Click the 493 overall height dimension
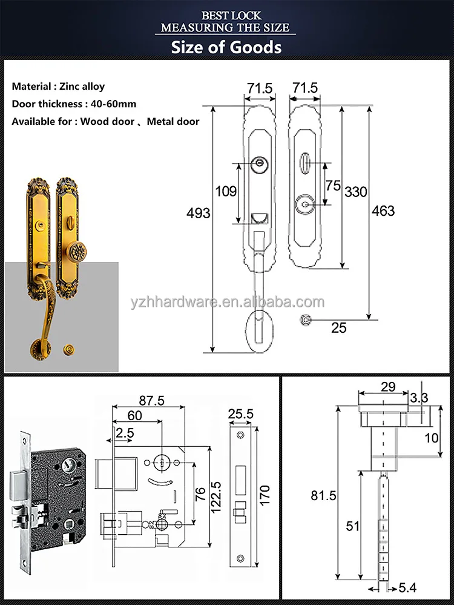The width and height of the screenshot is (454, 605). [199, 213]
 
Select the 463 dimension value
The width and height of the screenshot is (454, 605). [383, 210]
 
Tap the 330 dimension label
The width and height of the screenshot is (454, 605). [355, 192]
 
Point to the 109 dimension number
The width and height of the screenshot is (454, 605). [226, 192]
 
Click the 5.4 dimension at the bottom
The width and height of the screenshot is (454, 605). [410, 587]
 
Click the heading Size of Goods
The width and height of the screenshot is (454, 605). [226, 47]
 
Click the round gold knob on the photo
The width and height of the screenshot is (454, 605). [76, 252]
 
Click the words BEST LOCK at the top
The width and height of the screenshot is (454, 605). [226, 15]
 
